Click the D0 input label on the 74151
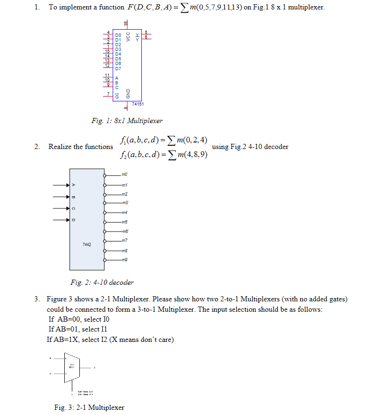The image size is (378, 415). coord(118,34)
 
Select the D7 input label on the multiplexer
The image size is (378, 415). coord(118,69)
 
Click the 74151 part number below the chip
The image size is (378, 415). coord(137,103)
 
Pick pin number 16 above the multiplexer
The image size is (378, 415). coord(126,23)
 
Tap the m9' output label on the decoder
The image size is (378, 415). coord(125,260)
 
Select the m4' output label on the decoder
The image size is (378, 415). coord(125,213)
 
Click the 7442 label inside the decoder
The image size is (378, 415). coord(87,244)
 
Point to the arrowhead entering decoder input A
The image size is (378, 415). coord(67,185)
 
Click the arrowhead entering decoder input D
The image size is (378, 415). coord(67,219)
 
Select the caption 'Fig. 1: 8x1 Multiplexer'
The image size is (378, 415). coord(127,121)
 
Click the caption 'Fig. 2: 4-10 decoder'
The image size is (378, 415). coord(102,282)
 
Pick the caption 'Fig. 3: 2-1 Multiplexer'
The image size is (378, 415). coord(89,407)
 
